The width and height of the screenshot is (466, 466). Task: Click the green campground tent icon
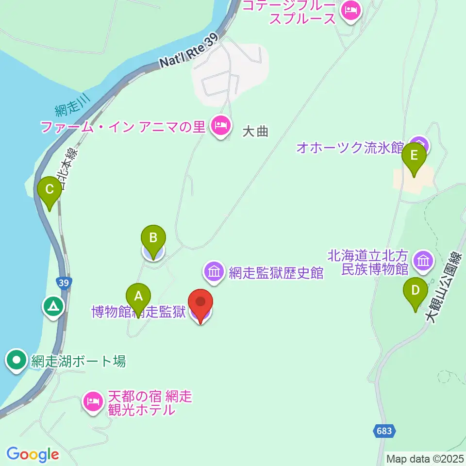pyautogui.click(x=52, y=306)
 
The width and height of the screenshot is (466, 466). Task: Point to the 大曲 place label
pyautogui.click(x=255, y=132)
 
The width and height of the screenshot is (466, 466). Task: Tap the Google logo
pyautogui.click(x=33, y=454)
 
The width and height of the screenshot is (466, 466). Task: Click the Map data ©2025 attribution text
pyautogui.click(x=424, y=459)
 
